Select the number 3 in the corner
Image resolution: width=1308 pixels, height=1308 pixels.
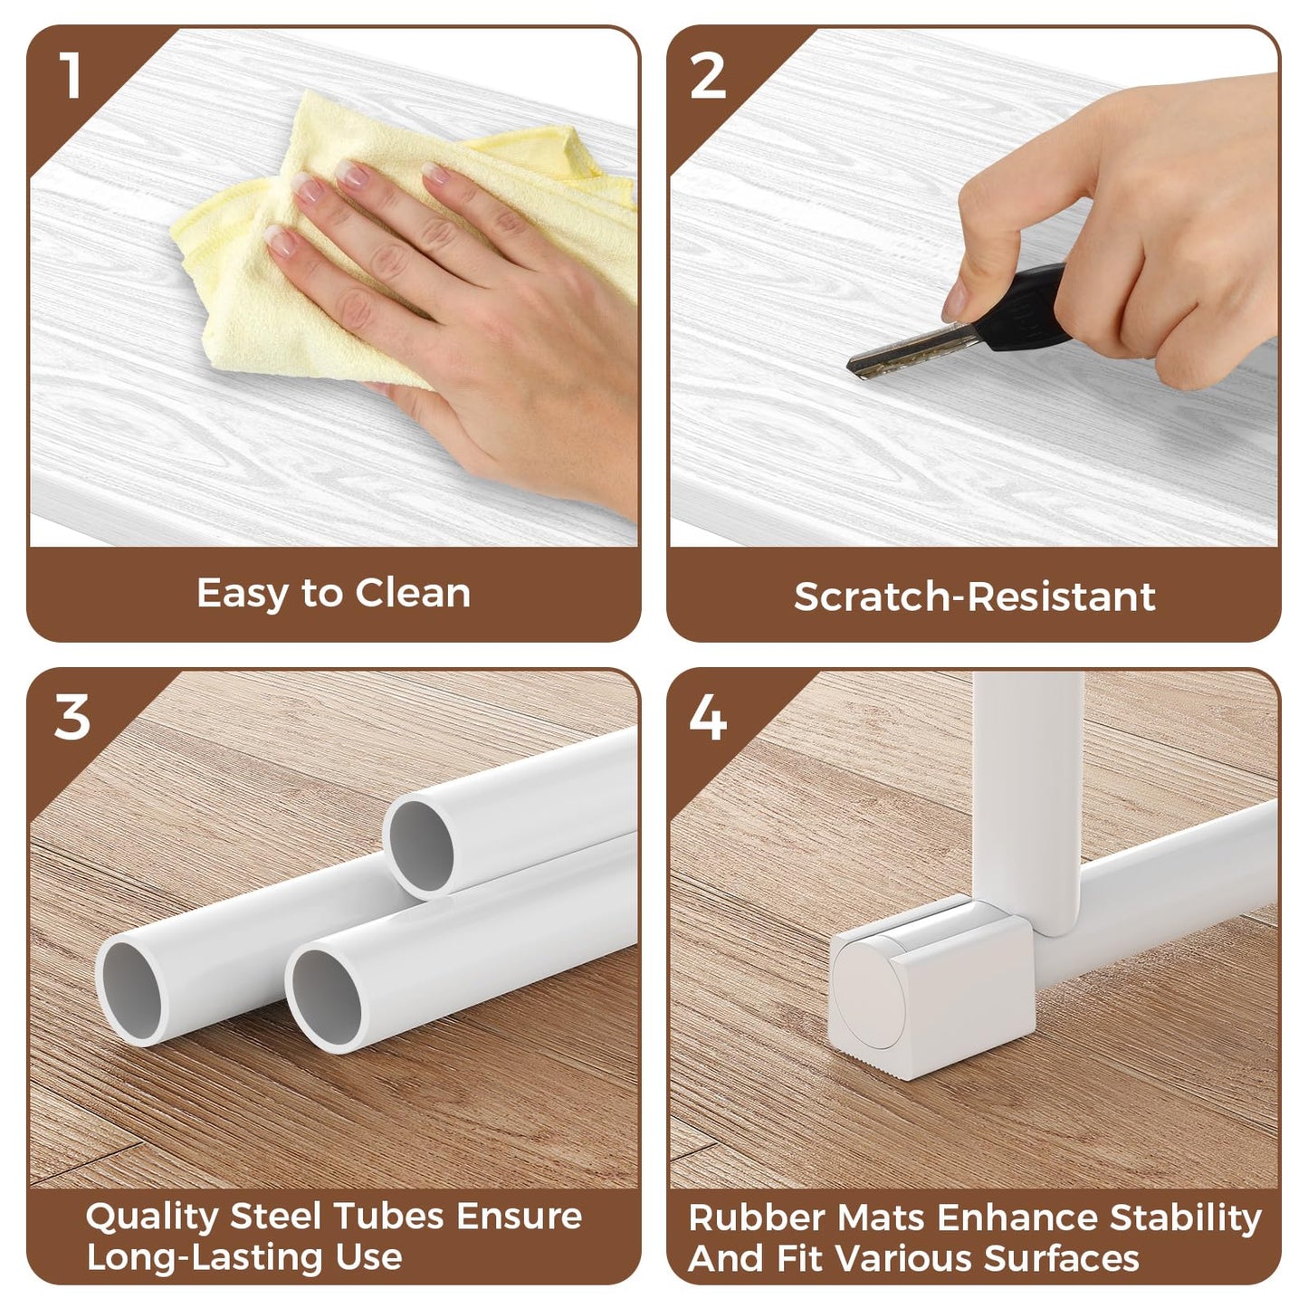[72, 717]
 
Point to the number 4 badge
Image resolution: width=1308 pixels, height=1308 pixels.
[708, 717]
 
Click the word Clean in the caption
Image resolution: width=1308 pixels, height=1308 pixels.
[413, 593]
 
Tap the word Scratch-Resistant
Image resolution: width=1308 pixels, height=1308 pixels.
[974, 597]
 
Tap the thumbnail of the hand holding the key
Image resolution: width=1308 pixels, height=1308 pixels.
[955, 301]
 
